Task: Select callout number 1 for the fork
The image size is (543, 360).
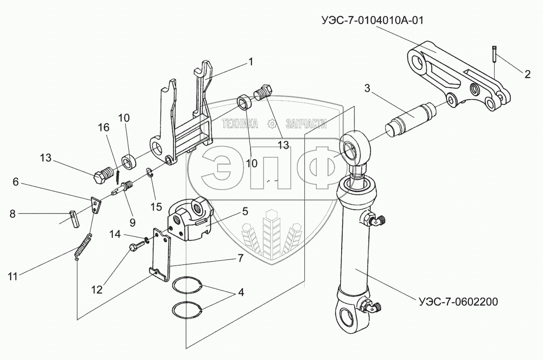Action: coord(251,61)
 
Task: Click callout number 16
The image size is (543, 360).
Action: coord(107,127)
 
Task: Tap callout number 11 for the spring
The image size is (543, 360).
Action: coord(12,277)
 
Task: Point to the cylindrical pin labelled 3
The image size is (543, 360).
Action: coord(412,120)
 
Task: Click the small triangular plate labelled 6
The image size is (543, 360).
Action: coord(96,205)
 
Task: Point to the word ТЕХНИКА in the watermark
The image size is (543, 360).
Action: coord(241,124)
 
